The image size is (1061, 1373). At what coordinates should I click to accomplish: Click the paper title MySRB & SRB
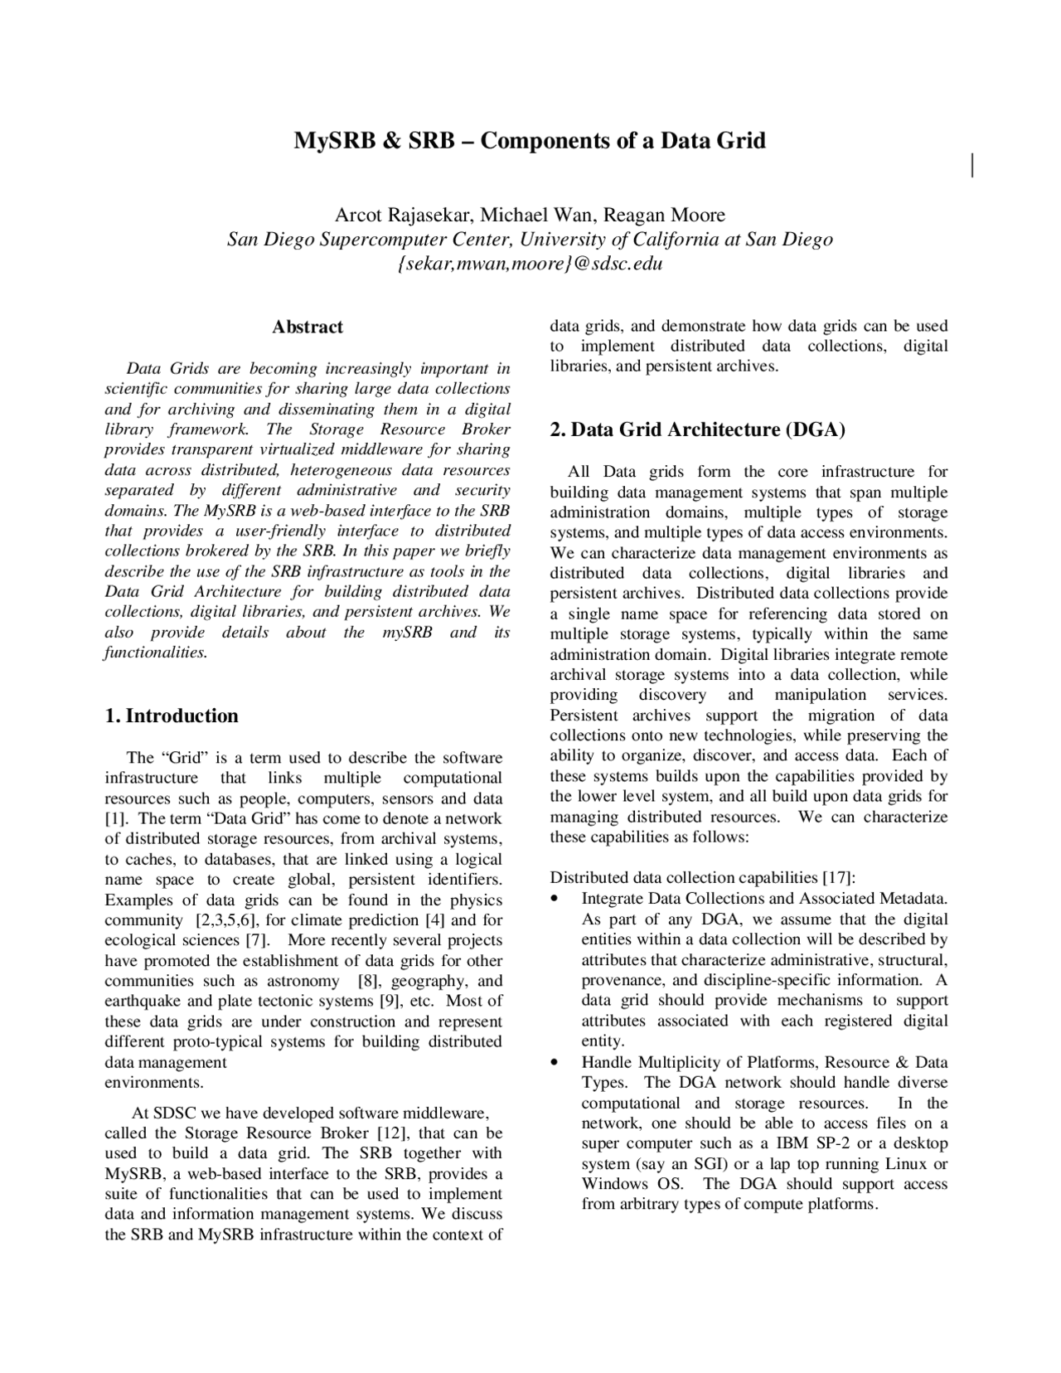[530, 140]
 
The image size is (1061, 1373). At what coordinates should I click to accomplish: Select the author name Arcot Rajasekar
[403, 216]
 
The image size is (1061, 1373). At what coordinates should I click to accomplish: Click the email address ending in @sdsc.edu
[530, 264]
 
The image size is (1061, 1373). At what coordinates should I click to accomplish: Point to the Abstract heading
[308, 327]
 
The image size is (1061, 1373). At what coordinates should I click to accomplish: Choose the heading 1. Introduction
[172, 716]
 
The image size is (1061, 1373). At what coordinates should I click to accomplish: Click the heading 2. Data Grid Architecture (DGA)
[697, 429]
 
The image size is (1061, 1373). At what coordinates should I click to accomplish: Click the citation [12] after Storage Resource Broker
[390, 1133]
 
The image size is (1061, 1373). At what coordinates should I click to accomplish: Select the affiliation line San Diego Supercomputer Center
[530, 240]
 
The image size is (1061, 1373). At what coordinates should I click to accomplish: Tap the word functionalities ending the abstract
[154, 653]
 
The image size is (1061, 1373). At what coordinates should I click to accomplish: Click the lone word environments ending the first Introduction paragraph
[153, 1083]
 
